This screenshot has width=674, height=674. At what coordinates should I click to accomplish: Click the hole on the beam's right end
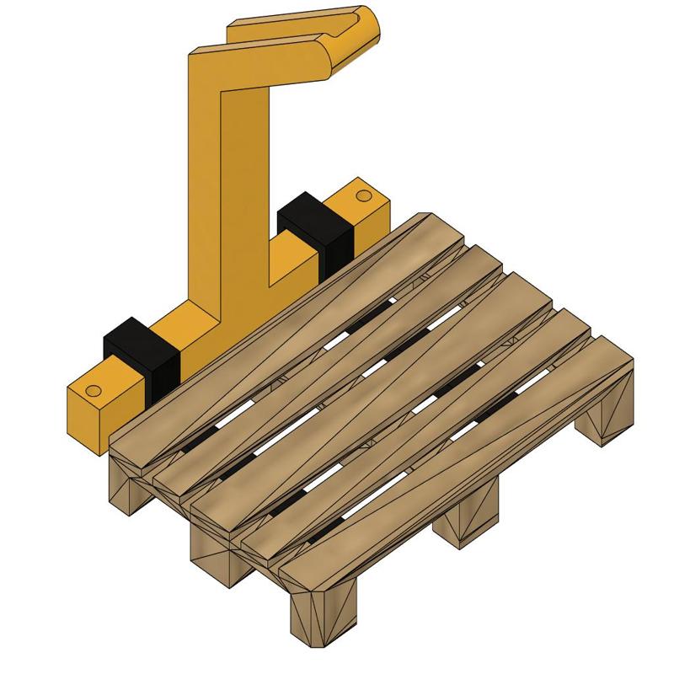[x=363, y=195]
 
